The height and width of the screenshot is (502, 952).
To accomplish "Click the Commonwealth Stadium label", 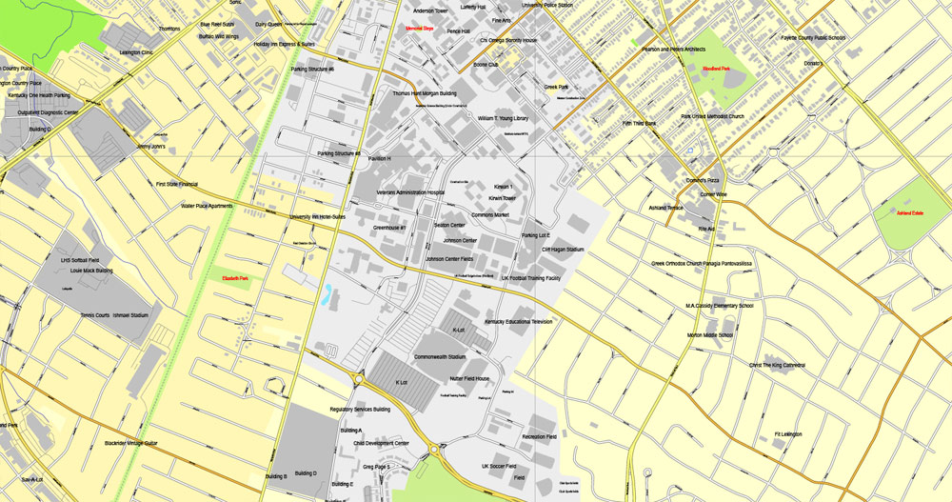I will pyautogui.click(x=439, y=357).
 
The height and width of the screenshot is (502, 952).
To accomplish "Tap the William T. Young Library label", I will pyautogui.click(x=503, y=118).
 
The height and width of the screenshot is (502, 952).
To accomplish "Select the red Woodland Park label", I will pyautogui.click(x=716, y=69).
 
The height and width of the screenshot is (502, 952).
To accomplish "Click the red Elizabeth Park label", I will pyautogui.click(x=235, y=278).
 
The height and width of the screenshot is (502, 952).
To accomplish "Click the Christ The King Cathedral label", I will pyautogui.click(x=777, y=365).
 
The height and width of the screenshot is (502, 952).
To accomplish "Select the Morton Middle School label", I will pyautogui.click(x=710, y=335).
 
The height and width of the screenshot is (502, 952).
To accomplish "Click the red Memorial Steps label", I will pyautogui.click(x=419, y=29).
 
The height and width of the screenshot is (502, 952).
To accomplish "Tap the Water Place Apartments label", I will pyautogui.click(x=207, y=206).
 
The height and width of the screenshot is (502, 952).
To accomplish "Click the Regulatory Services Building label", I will pyautogui.click(x=360, y=410).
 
